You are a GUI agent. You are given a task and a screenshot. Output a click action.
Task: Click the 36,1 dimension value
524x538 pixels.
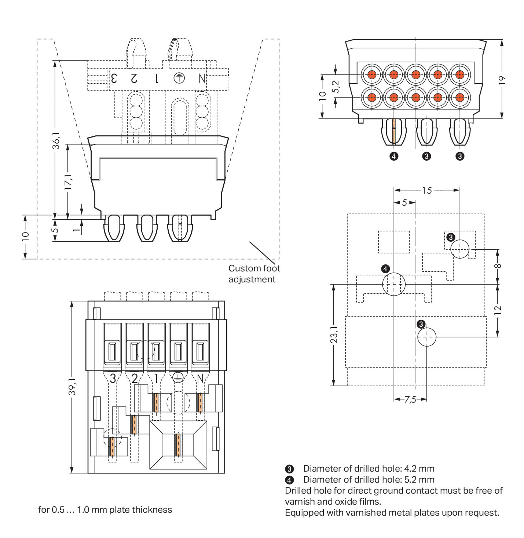click(56, 140)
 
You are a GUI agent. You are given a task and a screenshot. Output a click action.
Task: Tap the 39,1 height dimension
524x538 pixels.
click(72, 387)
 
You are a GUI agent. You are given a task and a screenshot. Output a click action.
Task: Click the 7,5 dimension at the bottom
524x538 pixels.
click(410, 399)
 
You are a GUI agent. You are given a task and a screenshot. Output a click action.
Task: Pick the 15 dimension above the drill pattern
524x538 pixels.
click(427, 190)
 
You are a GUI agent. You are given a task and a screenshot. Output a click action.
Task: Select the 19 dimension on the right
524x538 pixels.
click(502, 80)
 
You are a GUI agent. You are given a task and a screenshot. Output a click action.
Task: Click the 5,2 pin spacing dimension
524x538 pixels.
click(336, 87)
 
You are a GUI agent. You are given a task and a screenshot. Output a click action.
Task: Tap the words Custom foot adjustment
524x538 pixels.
click(254, 274)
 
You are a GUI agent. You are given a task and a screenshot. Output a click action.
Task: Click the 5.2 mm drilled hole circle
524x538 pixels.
click(394, 284)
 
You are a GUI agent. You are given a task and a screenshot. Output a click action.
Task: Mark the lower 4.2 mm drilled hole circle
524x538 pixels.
click(427, 337)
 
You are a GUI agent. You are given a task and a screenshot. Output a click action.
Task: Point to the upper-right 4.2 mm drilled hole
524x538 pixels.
click(460, 249)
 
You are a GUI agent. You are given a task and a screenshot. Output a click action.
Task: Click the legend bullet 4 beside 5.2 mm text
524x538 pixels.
click(289, 480)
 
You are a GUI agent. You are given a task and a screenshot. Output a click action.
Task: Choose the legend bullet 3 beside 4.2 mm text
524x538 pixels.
click(289, 469)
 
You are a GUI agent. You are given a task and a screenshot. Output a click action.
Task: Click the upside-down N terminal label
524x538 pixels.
click(202, 78)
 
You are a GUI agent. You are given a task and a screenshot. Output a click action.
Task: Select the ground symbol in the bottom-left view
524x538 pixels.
click(178, 378)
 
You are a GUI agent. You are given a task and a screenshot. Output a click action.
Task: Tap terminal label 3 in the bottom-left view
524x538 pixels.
click(113, 378)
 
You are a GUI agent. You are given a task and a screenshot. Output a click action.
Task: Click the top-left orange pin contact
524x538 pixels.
click(372, 75)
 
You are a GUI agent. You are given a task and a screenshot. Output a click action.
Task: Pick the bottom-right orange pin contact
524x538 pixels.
click(460, 98)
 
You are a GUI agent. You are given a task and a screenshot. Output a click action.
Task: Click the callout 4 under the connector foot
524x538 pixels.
click(393, 156)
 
